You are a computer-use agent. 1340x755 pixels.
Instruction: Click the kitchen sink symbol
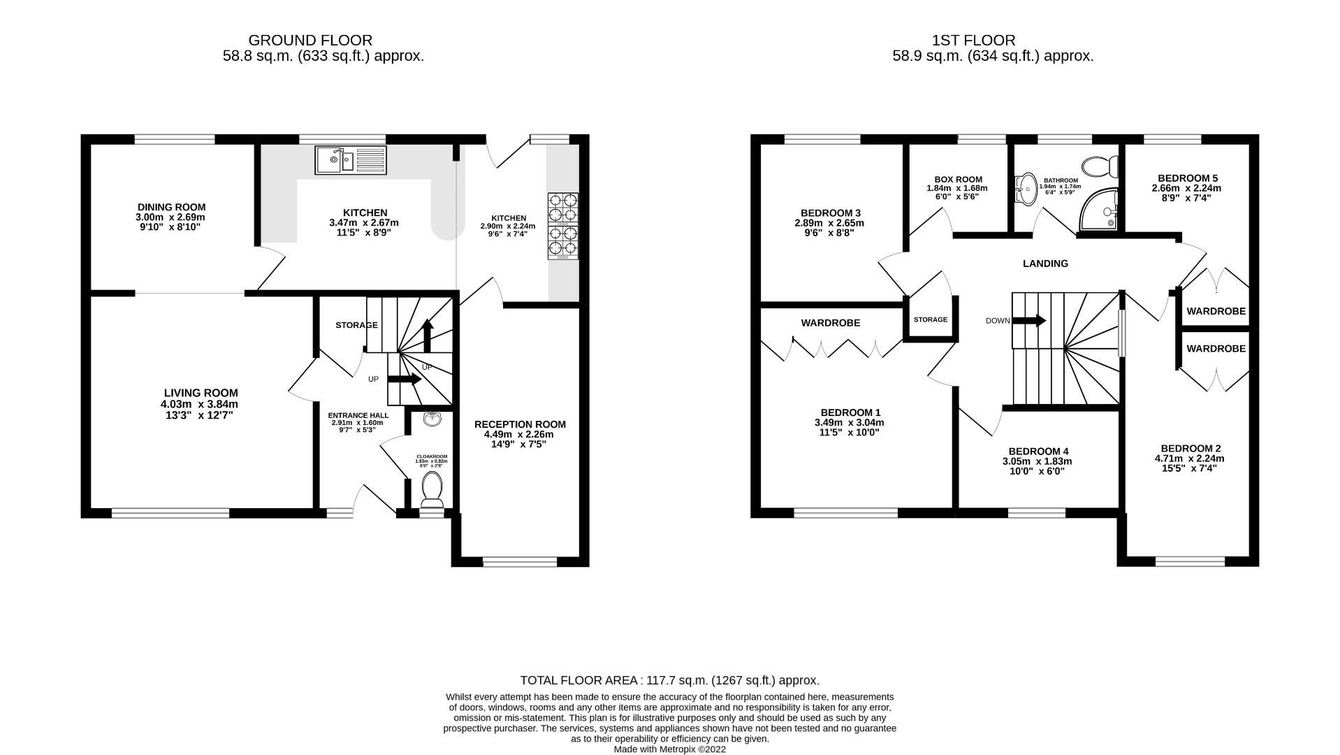[x=350, y=160]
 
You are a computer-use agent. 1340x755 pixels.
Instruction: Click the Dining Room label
[x=171, y=207]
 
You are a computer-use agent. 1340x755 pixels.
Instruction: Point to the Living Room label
[x=201, y=393]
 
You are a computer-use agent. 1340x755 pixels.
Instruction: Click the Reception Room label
[x=520, y=424]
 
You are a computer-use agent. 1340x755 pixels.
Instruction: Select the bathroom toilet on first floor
[x=1100, y=167]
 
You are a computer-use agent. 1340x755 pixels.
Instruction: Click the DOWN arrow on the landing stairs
[x=1029, y=321]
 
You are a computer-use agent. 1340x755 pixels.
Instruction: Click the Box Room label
[x=958, y=180]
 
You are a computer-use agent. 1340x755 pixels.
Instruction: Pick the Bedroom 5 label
[x=1187, y=178]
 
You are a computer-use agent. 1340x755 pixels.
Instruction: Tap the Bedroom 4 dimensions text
[x=1037, y=466]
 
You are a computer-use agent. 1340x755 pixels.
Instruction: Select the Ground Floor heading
[x=310, y=41]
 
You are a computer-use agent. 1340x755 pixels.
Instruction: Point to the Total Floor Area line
[x=669, y=680]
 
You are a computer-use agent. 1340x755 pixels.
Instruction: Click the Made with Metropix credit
[x=669, y=749]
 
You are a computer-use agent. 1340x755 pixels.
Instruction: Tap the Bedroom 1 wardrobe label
[x=830, y=323]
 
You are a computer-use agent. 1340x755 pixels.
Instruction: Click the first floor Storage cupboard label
[x=930, y=319]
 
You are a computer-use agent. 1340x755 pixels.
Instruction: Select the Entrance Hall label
[x=358, y=415]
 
